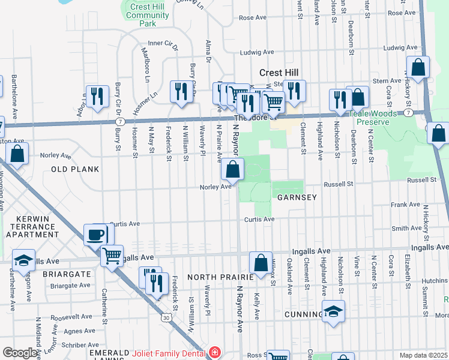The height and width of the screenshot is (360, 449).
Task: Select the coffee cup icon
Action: (95, 235)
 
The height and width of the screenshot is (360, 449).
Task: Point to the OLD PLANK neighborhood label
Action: (75, 169)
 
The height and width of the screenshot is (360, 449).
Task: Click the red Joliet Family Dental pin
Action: (215, 353)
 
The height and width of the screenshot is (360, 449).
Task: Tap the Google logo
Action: (20, 353)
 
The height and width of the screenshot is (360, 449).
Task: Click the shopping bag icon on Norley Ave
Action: (232, 170)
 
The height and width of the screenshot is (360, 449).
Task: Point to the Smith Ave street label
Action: (406, 228)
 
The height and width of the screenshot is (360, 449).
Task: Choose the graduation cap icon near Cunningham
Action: (334, 311)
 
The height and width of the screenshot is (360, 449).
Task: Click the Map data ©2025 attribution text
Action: (424, 355)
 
